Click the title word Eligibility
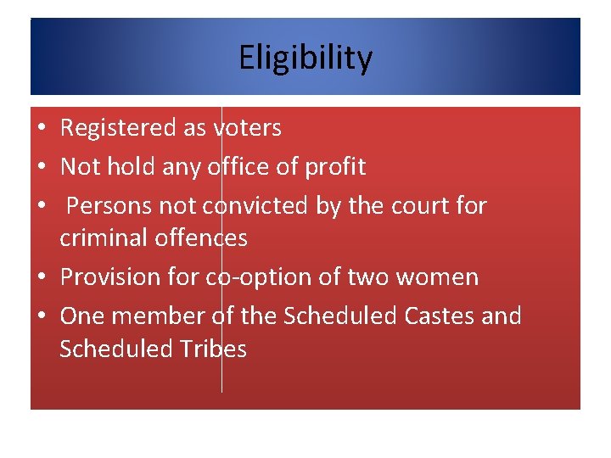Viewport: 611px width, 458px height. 305,59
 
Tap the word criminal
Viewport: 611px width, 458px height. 104,238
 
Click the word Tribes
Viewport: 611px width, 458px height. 215,349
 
